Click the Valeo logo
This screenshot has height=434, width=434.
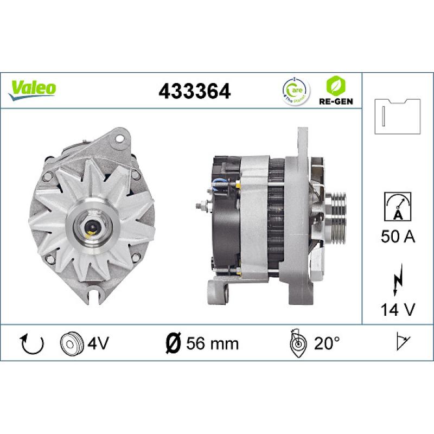(33, 88)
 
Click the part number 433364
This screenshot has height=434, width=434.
(194, 91)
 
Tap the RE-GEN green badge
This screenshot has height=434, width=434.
(333, 90)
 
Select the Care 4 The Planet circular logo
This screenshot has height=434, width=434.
(295, 90)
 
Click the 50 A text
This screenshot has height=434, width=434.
(398, 237)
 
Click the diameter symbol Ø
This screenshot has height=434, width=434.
(172, 343)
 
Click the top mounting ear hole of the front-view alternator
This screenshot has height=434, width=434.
(118, 139)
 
